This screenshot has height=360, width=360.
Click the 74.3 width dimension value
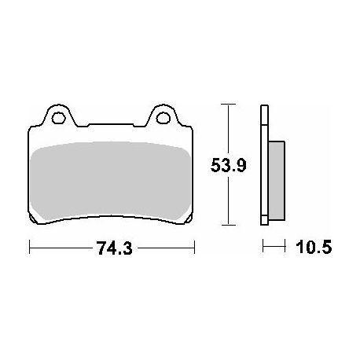click(x=115, y=248)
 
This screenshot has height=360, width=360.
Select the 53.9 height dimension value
click(x=229, y=166)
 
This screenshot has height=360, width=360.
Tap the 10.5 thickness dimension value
click(x=314, y=247)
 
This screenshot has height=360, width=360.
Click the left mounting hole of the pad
click(x=58, y=118)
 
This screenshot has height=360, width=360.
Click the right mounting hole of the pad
click(x=163, y=118)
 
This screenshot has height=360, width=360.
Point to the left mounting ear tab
click(x=58, y=116)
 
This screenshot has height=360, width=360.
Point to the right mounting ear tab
click(x=163, y=116)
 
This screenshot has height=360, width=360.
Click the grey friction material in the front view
click(x=110, y=181)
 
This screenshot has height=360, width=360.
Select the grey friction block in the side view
click(x=277, y=181)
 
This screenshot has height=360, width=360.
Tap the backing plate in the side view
click(x=264, y=165)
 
